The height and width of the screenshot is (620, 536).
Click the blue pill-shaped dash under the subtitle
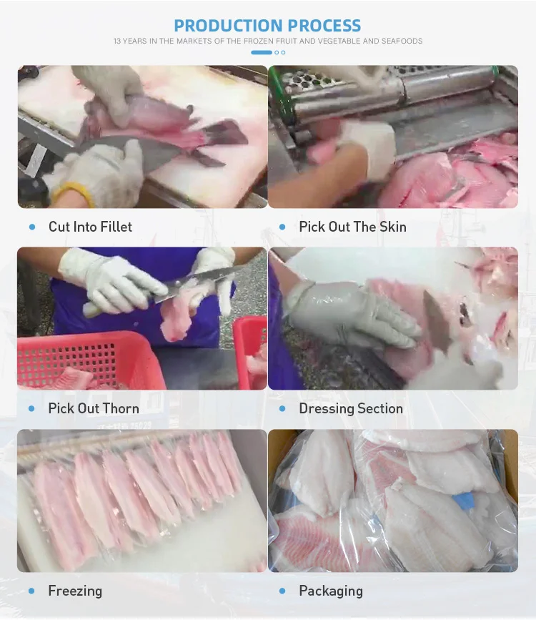click(x=262, y=52)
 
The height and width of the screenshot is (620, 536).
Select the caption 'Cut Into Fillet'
click(x=90, y=227)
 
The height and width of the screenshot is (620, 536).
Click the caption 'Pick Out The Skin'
click(x=352, y=227)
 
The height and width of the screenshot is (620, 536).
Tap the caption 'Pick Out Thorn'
click(x=94, y=408)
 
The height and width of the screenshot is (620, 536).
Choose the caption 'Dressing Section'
click(x=351, y=408)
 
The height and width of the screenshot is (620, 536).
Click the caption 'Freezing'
click(x=75, y=591)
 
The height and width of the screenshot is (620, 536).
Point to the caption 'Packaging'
click(x=331, y=591)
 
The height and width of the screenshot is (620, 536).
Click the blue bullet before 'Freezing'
click(x=31, y=591)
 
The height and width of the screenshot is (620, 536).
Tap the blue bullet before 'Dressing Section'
click(x=282, y=408)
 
